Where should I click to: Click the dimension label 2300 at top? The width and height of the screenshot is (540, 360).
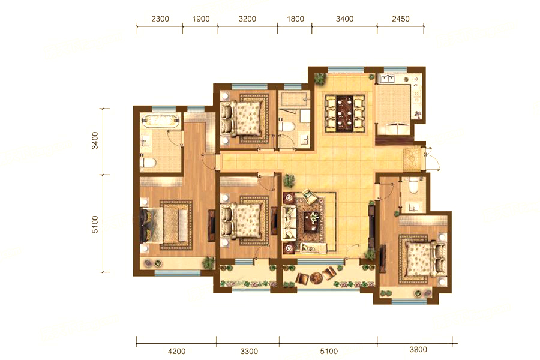[160, 19]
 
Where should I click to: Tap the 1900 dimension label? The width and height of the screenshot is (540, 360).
[201, 19]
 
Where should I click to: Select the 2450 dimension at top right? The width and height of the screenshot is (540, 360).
[401, 19]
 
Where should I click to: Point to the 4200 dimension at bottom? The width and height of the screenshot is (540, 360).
[176, 351]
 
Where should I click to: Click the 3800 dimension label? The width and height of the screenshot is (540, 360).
[418, 350]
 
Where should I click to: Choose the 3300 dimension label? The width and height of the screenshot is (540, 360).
[249, 351]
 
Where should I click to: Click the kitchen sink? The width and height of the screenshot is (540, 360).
[387, 79]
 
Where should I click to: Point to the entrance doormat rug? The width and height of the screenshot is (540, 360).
[412, 159]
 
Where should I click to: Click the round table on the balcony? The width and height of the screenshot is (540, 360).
[316, 277]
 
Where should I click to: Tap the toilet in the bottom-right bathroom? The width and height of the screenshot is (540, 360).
[413, 187]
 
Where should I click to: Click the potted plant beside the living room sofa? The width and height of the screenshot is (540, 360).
[289, 181]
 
